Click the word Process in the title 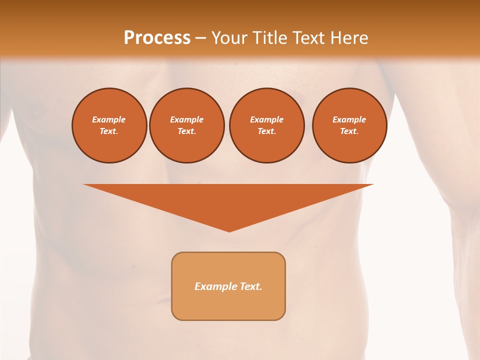tap(157, 38)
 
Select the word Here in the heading tap(349, 38)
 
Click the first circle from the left tap(109, 125)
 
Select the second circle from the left tap(186, 125)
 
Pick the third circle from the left tap(266, 125)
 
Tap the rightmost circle tap(349, 125)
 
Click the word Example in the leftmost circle tap(109, 119)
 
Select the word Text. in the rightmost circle tap(349, 131)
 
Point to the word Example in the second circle tap(186, 119)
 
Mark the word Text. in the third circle tap(266, 131)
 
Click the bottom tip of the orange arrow tap(229, 230)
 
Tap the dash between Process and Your tap(200, 38)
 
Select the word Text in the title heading tap(308, 38)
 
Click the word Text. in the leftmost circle tap(109, 131)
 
